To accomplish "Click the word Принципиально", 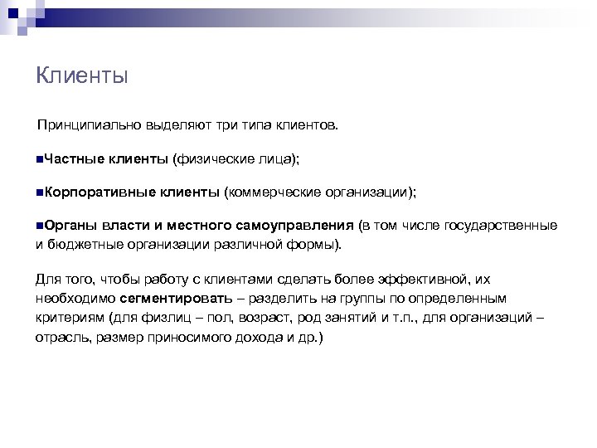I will tap(78, 125).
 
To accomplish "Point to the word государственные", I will tap(505, 225).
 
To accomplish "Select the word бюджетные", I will tap(82, 246).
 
